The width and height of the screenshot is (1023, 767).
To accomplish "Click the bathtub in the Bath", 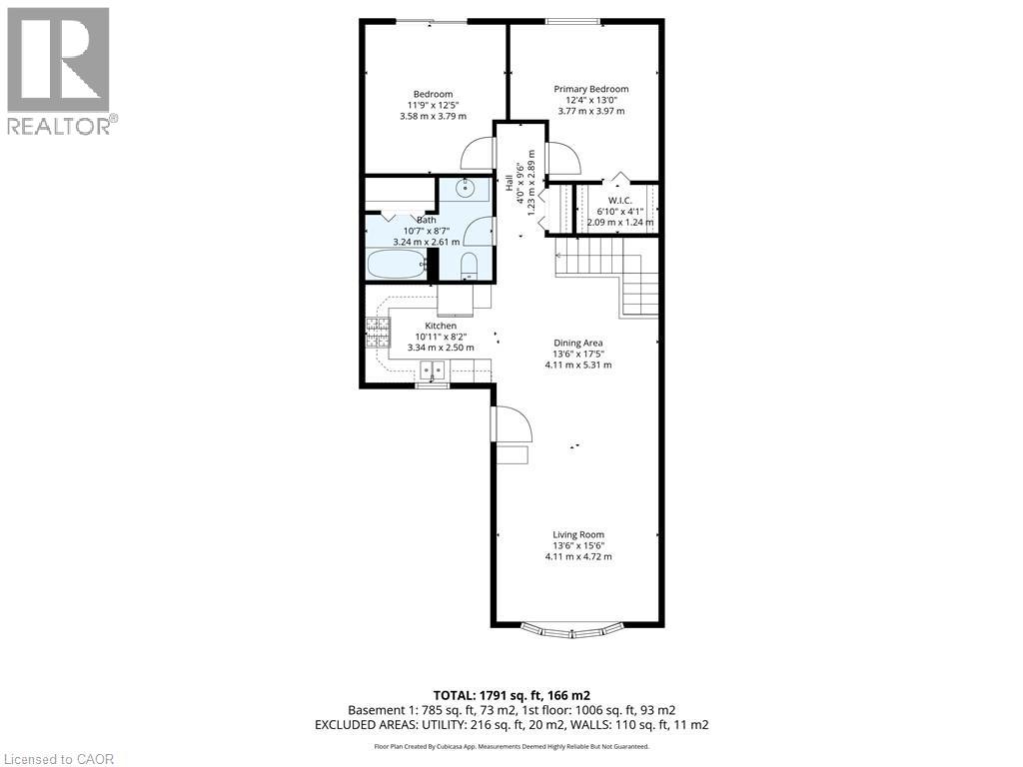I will pos(397,265).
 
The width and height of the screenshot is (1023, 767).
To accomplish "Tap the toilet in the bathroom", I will pos(469,265).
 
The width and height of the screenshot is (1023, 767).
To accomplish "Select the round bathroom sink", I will pos(467,187).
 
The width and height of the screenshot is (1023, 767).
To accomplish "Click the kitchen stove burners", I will pos(378,332).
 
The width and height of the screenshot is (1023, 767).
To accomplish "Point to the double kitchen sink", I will pos(434,372).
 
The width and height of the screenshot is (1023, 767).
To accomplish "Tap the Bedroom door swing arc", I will pos(477,154).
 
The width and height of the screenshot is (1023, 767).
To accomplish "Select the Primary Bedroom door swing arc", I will pos(563,158).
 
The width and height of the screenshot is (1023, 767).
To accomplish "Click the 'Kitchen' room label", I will pos(441,326).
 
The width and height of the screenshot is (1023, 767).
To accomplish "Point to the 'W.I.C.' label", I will pos(620,199).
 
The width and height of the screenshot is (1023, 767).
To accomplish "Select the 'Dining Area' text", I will pos(578,343).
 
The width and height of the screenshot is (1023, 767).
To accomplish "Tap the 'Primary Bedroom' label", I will pos(591,89).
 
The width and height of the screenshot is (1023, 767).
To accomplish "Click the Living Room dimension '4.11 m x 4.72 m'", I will pos(577,556).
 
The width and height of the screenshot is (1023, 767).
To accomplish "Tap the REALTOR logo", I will pos(59,70).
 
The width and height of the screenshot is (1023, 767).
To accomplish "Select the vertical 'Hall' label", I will pos(509,184).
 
